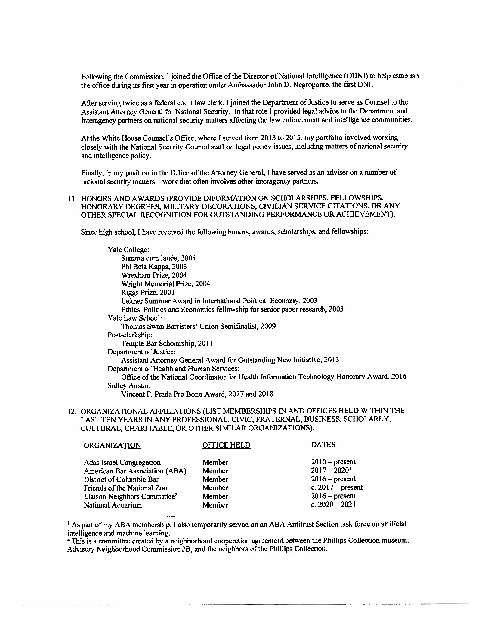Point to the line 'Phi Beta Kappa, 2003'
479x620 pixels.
point(154,267)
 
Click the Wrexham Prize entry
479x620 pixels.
point(154,275)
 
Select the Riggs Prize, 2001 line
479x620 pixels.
point(148,292)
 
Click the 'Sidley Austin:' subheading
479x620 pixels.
point(129,386)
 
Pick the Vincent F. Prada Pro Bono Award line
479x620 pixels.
point(197,394)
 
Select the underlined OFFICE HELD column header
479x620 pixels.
point(226,445)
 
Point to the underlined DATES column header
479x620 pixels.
point(323,445)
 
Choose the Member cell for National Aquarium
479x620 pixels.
point(215,505)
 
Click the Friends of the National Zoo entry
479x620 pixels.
point(126,488)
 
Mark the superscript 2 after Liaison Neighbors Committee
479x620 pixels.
point(176,494)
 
